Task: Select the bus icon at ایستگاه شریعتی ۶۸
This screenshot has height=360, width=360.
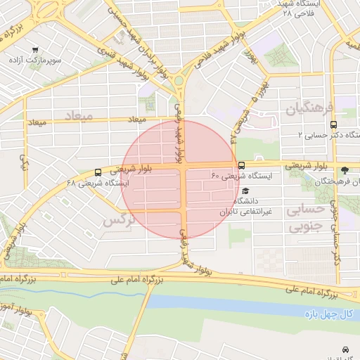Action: tap(97, 172)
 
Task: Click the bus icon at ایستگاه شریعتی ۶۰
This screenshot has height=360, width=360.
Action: tap(242, 166)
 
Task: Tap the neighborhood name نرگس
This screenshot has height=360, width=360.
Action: tap(118, 220)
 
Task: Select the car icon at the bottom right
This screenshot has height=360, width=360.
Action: tap(345, 349)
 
